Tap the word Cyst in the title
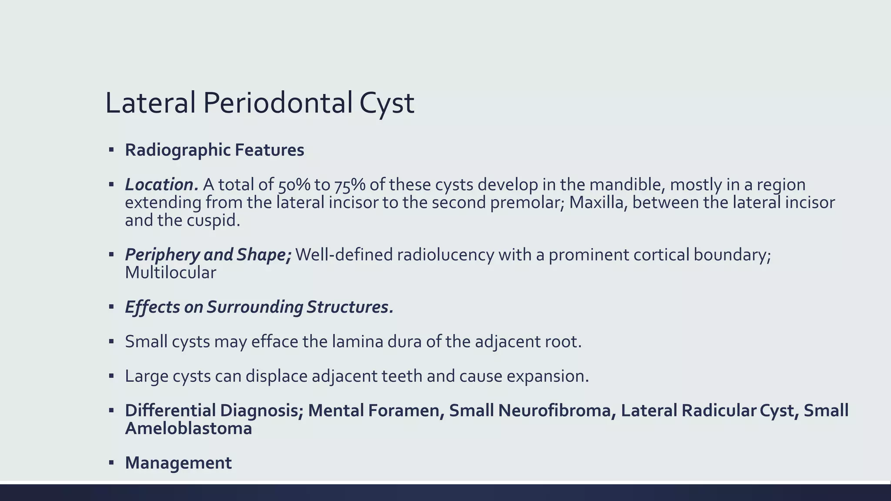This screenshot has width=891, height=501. [x=387, y=103]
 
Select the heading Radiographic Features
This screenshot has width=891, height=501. [x=214, y=150]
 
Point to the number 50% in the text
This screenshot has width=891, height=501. [x=294, y=185]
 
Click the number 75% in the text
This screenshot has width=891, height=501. [x=350, y=185]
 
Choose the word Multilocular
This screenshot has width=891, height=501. [x=170, y=273]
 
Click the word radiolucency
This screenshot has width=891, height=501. [x=445, y=255]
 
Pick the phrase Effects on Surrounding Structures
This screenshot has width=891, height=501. [x=259, y=307]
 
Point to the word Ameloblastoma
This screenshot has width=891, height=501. [x=188, y=428]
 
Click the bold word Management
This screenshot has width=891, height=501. [x=178, y=463]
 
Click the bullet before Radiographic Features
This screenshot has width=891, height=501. [x=111, y=150]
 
